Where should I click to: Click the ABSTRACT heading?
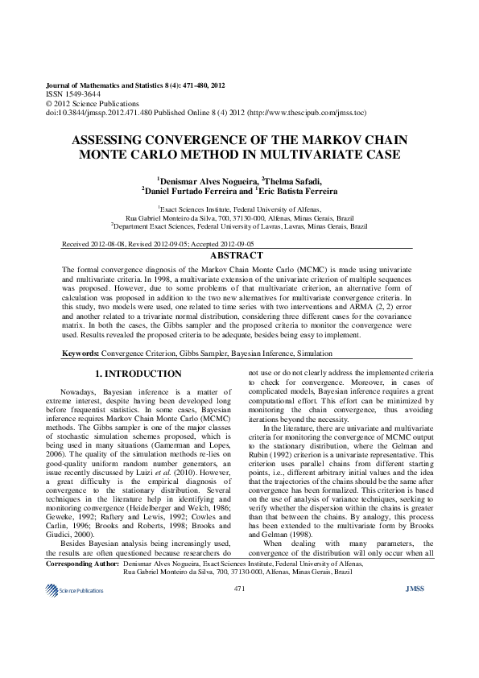coord(239,255)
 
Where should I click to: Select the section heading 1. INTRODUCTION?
coord(138,374)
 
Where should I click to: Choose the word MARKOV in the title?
coord(318,138)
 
